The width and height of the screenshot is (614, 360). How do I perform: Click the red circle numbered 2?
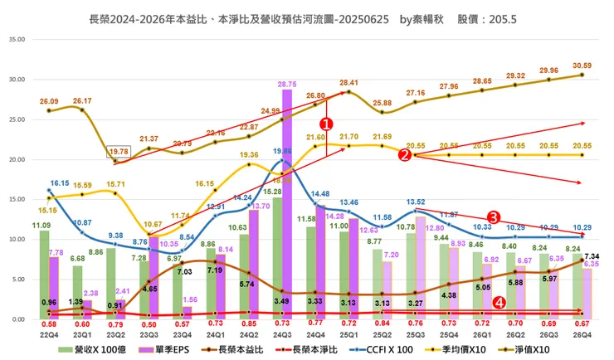pyautogui.click(x=404, y=154)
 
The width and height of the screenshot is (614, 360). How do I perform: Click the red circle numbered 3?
pyautogui.click(x=492, y=216)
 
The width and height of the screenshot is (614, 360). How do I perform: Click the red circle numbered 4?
pyautogui.click(x=498, y=303)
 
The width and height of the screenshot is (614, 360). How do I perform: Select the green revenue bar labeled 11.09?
pyautogui.click(x=44, y=275)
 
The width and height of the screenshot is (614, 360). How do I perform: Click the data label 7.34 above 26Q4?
pyautogui.click(x=587, y=257)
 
